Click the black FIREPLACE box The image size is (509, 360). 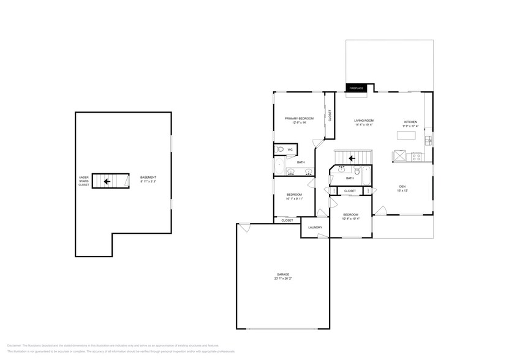(x=356, y=88)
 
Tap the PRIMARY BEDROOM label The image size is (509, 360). (x=299, y=118)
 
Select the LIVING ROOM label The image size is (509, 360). (x=364, y=121)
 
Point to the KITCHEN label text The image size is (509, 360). (x=410, y=122)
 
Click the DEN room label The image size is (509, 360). (x=402, y=187)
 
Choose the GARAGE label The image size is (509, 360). (x=282, y=274)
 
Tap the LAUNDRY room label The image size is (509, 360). (x=315, y=228)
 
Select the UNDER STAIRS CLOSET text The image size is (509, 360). (x=84, y=181)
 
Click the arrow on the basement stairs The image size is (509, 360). (x=107, y=181)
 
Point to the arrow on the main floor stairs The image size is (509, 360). (x=353, y=158)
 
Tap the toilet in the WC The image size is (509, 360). (x=279, y=149)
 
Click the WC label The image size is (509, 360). (x=290, y=149)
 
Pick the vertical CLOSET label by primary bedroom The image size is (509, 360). (x=330, y=116)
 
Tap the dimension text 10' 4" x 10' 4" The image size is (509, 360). (x=350, y=219)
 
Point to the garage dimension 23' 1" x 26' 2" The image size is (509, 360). (x=282, y=279)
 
